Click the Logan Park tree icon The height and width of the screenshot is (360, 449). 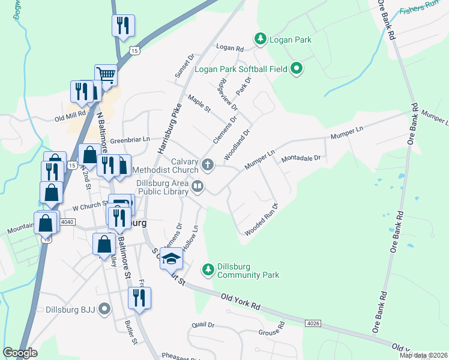[261, 40]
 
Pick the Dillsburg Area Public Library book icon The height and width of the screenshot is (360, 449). [197, 188]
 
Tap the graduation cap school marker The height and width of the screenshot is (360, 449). [171, 259]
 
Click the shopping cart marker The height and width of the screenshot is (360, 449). [106, 76]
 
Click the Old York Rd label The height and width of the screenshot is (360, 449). [240, 301]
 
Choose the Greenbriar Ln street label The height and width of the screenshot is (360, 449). [130, 139]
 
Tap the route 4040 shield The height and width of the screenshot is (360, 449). [67, 222]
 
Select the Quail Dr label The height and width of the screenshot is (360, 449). [203, 325]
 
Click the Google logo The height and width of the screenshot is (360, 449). [20, 353]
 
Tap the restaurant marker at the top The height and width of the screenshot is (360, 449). [123, 25]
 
